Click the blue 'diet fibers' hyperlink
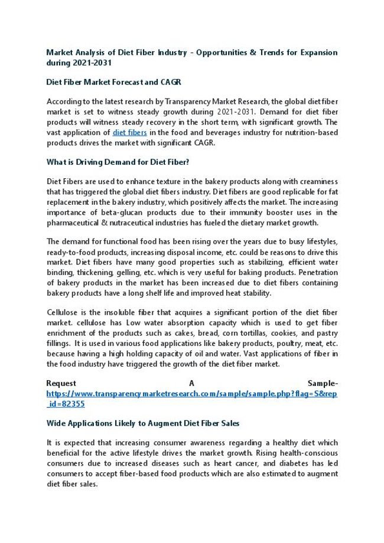click(129, 133)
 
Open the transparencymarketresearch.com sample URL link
click(191, 394)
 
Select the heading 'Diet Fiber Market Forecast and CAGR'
click(118, 82)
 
